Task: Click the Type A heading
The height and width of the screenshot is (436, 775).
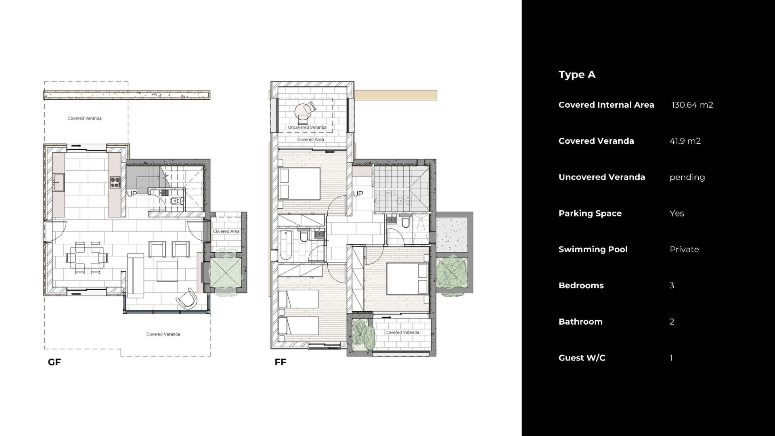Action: coord(577,75)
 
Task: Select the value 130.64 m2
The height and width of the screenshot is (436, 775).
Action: coord(692,105)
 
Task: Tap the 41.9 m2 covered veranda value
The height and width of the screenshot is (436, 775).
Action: coord(685,141)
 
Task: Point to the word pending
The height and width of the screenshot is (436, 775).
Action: coord(687,177)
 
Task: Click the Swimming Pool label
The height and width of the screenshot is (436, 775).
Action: coord(593,249)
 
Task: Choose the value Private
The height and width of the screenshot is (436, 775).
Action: coord(684,249)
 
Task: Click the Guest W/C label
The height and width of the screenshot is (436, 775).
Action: coord(582,358)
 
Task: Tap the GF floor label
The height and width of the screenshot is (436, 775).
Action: coord(54,362)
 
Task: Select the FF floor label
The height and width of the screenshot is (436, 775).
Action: coord(281,362)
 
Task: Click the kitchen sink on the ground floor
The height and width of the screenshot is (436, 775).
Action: coord(59,183)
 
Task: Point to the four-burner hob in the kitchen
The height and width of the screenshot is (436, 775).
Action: coord(115,182)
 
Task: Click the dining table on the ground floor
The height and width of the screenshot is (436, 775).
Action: coord(88,257)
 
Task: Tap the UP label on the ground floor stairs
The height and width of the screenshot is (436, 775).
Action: coord(132,194)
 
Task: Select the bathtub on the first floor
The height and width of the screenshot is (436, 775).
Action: coord(286,245)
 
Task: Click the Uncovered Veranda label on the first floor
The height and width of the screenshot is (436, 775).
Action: coord(307,128)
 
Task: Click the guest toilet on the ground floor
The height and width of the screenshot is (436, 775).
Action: coord(175,201)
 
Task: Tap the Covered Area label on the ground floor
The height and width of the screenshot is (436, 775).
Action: coord(226,231)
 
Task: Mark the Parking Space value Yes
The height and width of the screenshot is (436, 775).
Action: coord(677,213)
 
